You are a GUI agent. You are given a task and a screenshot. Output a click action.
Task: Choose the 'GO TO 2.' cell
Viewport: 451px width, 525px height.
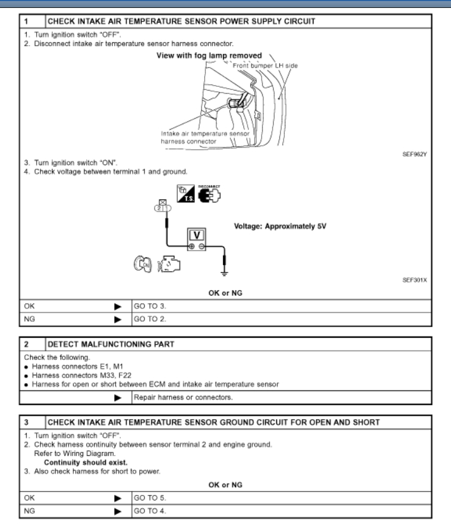147,318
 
